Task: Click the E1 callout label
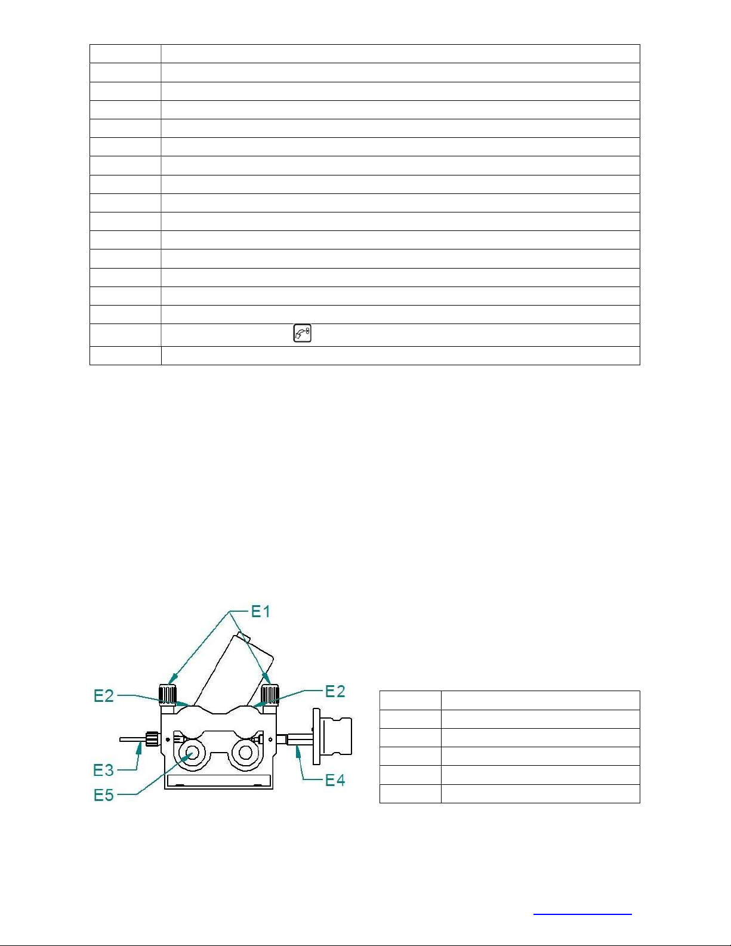coord(261,612)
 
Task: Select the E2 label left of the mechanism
coord(104,696)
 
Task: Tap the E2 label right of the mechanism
coord(335,691)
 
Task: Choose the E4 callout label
coord(335,780)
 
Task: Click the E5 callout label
coord(104,796)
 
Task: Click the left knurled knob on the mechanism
coord(168,694)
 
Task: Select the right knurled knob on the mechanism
coord(270,694)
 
